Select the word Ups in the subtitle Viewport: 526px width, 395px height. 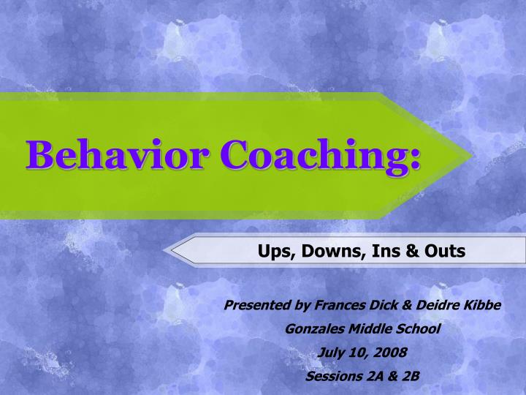(x=272, y=252)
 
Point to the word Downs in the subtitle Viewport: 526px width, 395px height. (x=324, y=252)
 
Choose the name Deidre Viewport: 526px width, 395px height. (x=429, y=305)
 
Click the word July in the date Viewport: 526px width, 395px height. (x=331, y=353)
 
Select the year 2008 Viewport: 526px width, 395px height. (x=392, y=353)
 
